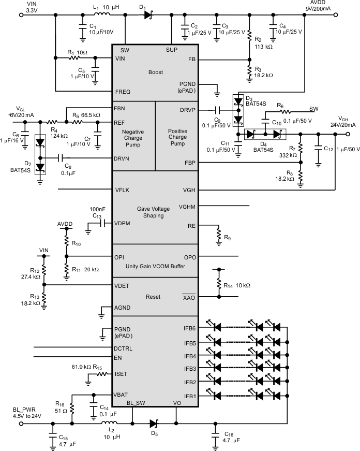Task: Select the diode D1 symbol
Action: (x=148, y=16)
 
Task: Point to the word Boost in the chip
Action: (x=155, y=72)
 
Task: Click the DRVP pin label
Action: (x=188, y=110)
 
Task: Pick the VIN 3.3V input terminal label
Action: (x=17, y=6)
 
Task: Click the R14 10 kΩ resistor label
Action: (x=237, y=285)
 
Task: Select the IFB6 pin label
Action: (x=189, y=328)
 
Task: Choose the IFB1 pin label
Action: (x=189, y=396)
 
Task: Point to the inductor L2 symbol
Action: (x=107, y=423)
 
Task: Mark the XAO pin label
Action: (x=189, y=297)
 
